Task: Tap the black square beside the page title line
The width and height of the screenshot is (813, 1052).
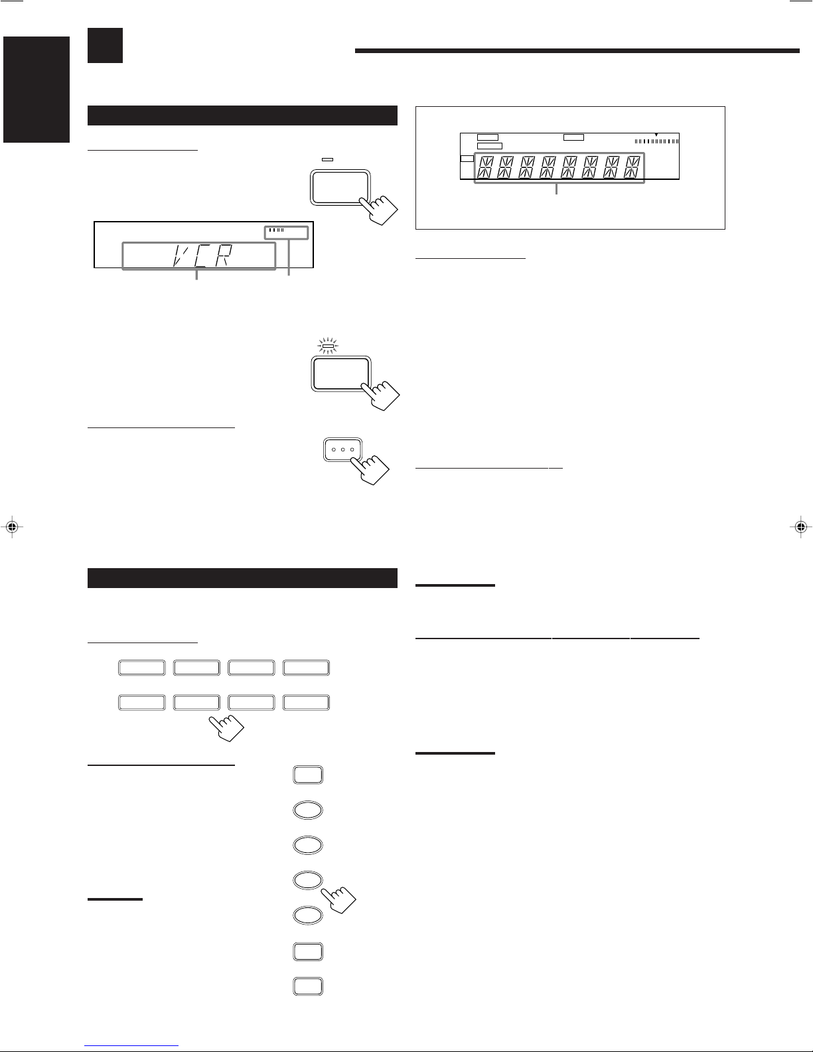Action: point(105,46)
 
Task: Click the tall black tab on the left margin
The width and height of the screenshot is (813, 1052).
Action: point(37,90)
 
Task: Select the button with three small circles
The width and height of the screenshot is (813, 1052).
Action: point(342,450)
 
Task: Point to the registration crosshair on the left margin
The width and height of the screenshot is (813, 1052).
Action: point(12,527)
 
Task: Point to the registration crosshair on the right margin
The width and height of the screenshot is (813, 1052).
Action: point(801,527)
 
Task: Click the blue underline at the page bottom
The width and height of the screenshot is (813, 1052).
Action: point(131,1045)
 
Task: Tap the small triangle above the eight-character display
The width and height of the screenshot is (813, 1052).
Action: point(656,135)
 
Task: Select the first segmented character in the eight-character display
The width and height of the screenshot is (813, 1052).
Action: point(485,167)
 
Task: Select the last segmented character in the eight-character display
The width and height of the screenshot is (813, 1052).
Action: point(632,167)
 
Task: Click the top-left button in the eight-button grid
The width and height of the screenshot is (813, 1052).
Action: point(142,668)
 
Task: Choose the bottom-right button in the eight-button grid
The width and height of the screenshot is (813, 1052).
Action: point(307,702)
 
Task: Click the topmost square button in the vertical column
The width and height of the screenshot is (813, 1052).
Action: point(308,775)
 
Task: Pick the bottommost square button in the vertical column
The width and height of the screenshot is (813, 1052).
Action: point(308,986)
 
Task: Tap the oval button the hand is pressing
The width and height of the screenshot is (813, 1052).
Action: point(308,880)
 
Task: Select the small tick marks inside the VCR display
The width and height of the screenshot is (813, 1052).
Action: point(276,230)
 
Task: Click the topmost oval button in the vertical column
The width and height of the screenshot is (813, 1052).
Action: point(308,810)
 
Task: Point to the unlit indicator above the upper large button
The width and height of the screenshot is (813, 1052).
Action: point(328,159)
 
